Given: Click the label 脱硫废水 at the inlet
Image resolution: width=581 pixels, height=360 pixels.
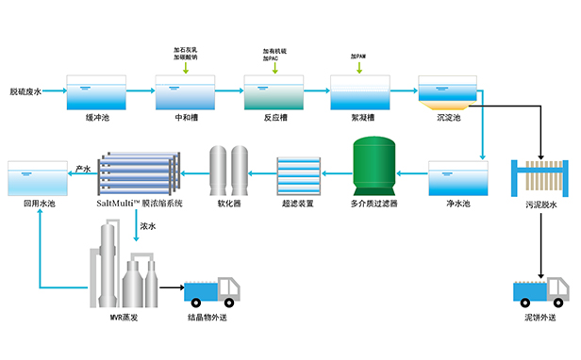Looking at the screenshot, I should (30, 91).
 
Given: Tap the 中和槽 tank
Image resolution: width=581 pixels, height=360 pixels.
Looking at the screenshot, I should (185, 93).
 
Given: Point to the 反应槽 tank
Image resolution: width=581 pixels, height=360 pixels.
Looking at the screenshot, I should (274, 93).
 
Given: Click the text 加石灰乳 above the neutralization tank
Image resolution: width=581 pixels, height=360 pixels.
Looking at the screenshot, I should (185, 48).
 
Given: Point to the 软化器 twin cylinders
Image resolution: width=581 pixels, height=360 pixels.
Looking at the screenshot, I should (231, 170).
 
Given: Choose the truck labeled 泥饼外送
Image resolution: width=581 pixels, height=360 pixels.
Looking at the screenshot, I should (541, 290).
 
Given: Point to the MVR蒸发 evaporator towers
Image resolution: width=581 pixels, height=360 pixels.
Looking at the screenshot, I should (124, 270).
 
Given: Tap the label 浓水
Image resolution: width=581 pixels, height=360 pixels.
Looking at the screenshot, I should (148, 226).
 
